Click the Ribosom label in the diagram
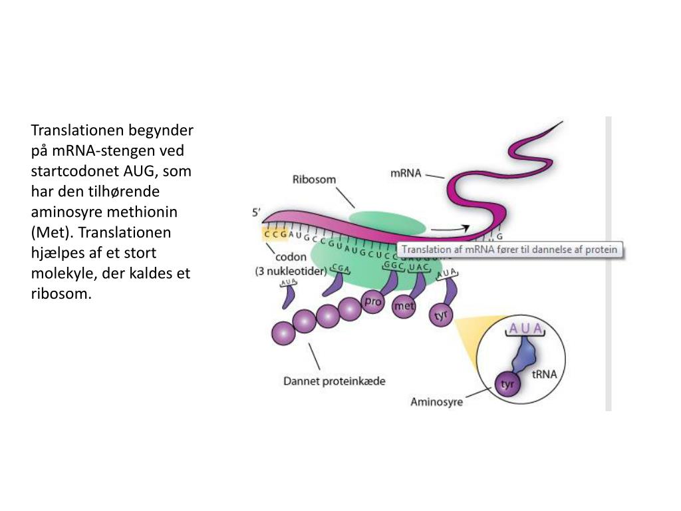coord(315,180)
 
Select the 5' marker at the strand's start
coord(256,213)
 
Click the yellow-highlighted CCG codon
coord(275,234)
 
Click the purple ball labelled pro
coord(372,302)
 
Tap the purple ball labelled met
coord(404,307)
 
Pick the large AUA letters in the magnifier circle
coord(525,328)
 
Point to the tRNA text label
coord(544,374)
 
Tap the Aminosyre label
coord(436,402)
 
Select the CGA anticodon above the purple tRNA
coord(340,268)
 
